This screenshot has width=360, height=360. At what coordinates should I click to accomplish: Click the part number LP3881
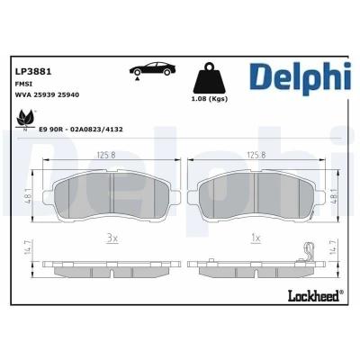click(33, 72)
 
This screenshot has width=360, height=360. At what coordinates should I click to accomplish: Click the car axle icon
click(152, 71)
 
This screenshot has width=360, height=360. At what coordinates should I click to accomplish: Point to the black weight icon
click(210, 78)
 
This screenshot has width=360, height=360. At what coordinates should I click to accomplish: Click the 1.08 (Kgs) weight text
click(210, 99)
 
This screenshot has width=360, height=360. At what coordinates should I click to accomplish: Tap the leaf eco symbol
click(24, 120)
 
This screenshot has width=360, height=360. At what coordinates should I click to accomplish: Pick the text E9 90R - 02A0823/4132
click(81, 130)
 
